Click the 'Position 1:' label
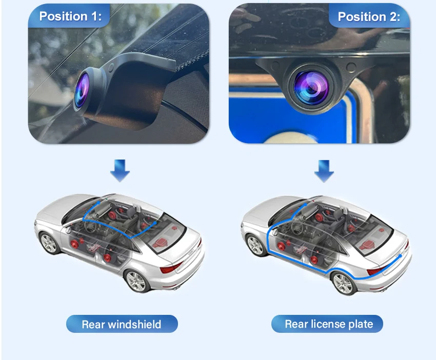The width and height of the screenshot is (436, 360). click(x=70, y=16)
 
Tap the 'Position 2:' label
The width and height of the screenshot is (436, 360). click(x=369, y=17)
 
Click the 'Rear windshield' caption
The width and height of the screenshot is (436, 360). click(x=122, y=324)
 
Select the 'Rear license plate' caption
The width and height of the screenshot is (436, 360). click(x=329, y=324)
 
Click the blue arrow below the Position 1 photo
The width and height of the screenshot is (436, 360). click(x=120, y=170)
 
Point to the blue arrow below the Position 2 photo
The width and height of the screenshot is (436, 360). click(x=324, y=171)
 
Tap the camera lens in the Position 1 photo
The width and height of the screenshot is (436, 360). click(x=82, y=90)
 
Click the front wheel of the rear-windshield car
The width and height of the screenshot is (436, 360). click(x=49, y=243)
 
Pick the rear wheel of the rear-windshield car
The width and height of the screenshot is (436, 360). click(x=136, y=281)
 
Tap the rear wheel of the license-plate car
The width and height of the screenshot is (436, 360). click(x=343, y=284)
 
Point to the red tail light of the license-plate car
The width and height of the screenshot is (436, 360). click(x=376, y=270)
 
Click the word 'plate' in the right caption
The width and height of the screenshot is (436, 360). click(x=361, y=324)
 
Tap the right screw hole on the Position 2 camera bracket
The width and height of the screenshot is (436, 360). click(x=351, y=67)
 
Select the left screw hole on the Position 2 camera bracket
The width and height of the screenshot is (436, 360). click(x=275, y=65)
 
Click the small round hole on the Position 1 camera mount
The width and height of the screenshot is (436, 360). click(x=111, y=67)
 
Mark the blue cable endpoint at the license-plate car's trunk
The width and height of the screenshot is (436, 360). click(x=400, y=255)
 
